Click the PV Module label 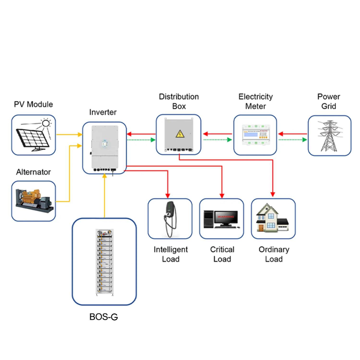(34, 105)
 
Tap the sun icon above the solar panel (46, 123)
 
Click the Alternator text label (33, 172)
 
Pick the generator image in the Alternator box (33, 201)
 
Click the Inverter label (103, 112)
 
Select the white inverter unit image (104, 146)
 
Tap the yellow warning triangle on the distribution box (180, 134)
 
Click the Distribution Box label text (179, 101)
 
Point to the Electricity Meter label (255, 101)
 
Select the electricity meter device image (256, 135)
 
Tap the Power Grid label (329, 101)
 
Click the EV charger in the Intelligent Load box (169, 218)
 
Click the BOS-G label (103, 317)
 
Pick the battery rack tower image (104, 262)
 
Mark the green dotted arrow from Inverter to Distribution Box (141, 140)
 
